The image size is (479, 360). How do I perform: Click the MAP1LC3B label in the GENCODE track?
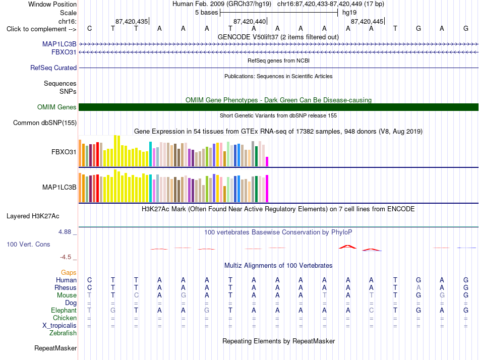point(59,44)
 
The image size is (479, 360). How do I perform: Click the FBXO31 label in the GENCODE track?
point(64,52)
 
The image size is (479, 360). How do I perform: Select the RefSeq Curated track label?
point(53,68)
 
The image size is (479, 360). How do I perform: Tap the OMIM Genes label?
point(57,107)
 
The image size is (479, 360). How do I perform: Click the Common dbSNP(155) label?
point(45,123)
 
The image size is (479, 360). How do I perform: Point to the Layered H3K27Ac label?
point(33,216)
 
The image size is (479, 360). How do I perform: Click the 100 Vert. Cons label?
point(28,244)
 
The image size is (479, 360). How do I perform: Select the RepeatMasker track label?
point(55,348)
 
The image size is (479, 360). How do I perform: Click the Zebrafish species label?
point(63,333)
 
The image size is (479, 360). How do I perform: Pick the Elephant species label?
point(64,310)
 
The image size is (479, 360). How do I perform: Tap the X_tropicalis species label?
point(59,326)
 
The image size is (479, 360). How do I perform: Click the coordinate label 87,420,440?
point(250,21)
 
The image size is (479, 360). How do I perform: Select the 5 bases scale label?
point(207,13)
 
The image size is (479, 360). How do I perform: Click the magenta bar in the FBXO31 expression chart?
point(267,162)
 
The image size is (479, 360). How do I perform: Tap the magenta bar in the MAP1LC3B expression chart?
point(267,189)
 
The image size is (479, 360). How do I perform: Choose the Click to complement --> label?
point(41,29)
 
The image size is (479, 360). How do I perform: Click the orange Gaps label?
point(69,272)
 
